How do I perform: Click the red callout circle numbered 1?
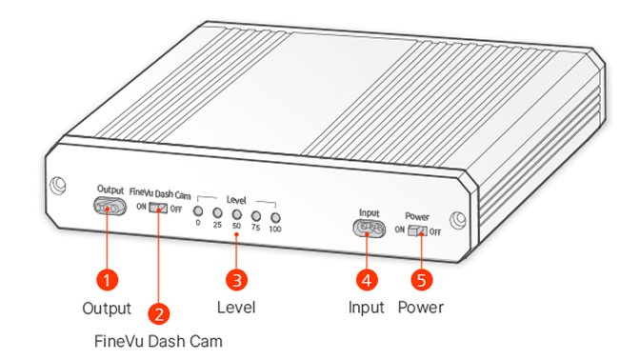(x=107, y=280)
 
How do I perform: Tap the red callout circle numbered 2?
(x=158, y=314)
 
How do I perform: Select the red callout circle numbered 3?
(x=236, y=280)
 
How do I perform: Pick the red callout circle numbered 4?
(x=367, y=280)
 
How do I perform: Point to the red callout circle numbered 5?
(x=421, y=280)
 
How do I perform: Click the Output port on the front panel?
(x=110, y=207)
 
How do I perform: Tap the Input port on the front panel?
(x=369, y=229)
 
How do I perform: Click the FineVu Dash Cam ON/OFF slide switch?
(x=158, y=208)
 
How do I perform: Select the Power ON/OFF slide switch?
(x=417, y=231)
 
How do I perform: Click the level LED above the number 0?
(x=198, y=211)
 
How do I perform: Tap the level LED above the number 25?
(x=217, y=212)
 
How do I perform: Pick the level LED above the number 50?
(x=237, y=214)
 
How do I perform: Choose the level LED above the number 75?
(x=256, y=216)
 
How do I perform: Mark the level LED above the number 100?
(x=276, y=218)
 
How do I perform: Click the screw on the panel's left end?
(x=57, y=186)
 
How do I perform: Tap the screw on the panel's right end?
(x=457, y=220)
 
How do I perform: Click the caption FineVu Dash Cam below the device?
(x=158, y=341)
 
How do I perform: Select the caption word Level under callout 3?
(x=236, y=308)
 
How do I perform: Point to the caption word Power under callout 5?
(x=421, y=308)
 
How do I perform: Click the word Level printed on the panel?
(x=236, y=200)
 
